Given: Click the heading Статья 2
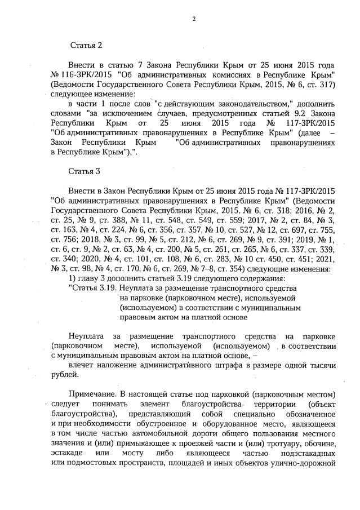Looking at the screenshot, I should (86, 45).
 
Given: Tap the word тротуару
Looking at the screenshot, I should (286, 446).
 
